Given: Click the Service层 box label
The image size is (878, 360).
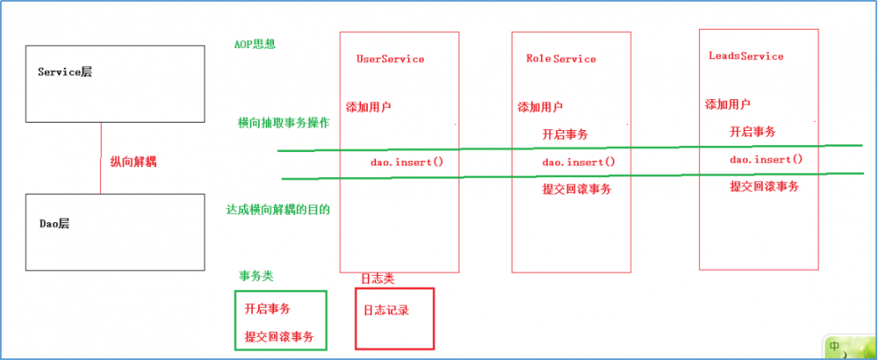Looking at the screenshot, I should click(65, 72).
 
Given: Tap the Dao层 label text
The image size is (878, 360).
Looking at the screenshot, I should click(54, 224).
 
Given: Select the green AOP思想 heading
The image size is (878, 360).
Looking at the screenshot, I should click(255, 43).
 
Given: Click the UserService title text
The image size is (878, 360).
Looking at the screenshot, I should click(390, 59).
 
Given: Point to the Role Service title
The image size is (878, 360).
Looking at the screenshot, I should click(560, 59).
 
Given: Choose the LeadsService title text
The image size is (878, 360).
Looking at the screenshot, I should click(745, 56).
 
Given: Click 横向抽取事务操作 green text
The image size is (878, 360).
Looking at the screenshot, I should click(284, 123).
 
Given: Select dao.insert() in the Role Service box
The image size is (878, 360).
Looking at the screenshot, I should click(578, 162).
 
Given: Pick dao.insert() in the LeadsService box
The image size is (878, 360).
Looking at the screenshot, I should click(766, 160).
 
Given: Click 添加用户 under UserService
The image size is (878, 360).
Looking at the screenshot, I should click(369, 107).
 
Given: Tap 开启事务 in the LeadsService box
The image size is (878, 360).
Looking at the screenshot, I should click(752, 132).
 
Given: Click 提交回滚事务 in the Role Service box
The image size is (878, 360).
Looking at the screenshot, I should click(576, 189).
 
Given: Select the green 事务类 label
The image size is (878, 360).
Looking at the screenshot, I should click(255, 276).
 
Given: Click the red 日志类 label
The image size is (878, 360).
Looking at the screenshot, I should click(378, 278).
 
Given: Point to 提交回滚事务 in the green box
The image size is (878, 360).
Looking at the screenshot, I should click(279, 337).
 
